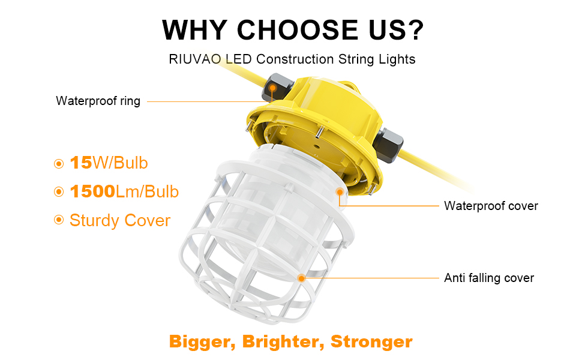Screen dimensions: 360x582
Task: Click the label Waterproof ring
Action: tap(98, 101)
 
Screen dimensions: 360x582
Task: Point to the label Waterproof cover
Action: tap(491, 206)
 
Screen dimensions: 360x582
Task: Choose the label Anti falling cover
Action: tap(489, 278)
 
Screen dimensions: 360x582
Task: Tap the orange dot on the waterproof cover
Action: tap(340, 192)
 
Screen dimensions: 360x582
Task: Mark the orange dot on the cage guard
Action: tap(301, 278)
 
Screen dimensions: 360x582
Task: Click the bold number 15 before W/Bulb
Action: tap(80, 163)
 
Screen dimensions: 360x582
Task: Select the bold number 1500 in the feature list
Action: tap(92, 192)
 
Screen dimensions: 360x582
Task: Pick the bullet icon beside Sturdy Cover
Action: tap(59, 220)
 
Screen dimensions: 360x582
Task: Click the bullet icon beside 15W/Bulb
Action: tap(59, 163)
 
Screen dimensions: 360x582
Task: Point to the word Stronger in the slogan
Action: tap(371, 342)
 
